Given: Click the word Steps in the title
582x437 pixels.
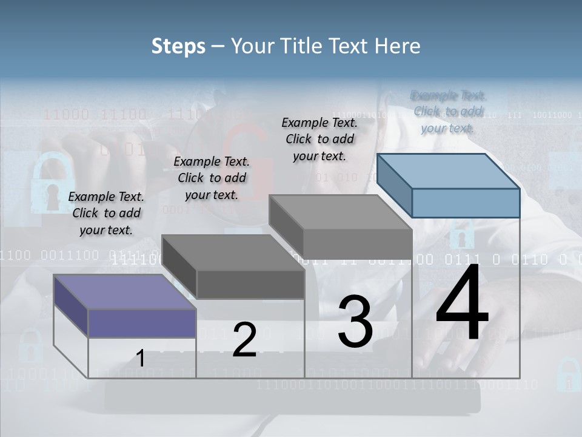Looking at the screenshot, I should pos(178,46).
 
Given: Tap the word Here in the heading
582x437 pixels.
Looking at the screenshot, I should pos(395,46).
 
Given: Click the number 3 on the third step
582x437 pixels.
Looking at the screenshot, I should pos(355,322).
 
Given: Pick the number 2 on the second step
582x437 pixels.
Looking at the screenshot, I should pos(244,340).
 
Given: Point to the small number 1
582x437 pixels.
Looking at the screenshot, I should pos(140,359).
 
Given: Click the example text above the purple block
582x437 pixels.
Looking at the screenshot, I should pos(106,213).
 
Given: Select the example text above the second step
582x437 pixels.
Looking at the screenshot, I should pos(212,178).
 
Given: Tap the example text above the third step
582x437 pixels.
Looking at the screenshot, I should pos(319,139).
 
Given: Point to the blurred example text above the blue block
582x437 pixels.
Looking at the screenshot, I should pos(448,112).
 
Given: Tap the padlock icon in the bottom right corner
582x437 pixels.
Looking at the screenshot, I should pos(568,374).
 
